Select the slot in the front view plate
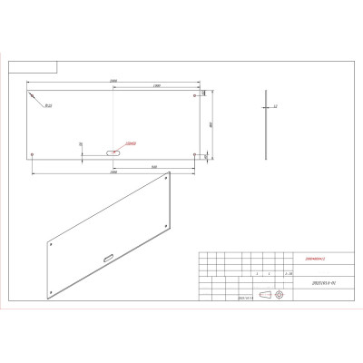113,153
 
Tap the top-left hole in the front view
32,93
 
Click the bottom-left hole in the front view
32,154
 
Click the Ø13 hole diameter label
47,106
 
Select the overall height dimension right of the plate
210,124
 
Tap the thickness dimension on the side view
275,106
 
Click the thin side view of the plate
265,124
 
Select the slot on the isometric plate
108,259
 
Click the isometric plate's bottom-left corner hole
52,291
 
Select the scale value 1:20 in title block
289,271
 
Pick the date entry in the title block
243,296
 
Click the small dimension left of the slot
81,144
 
